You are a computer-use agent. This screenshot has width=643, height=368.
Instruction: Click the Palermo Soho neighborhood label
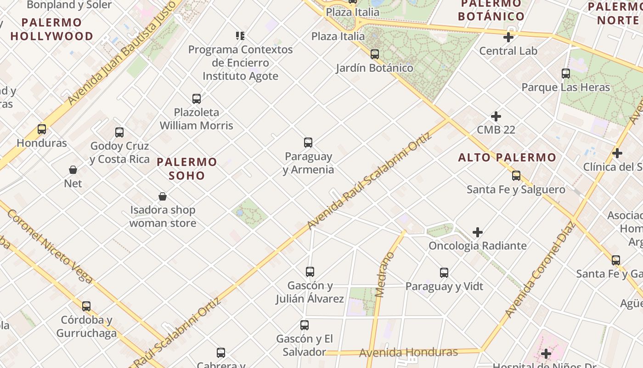(x=187, y=168)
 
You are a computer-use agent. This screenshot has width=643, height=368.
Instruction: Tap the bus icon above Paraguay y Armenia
(x=308, y=143)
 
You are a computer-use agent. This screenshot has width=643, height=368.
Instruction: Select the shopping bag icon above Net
(x=73, y=170)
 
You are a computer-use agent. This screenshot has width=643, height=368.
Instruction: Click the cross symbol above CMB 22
(x=496, y=116)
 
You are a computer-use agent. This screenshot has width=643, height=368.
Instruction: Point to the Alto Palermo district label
(x=507, y=157)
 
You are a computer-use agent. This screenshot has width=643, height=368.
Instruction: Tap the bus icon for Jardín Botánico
(x=375, y=54)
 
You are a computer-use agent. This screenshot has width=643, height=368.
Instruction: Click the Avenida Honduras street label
(x=408, y=353)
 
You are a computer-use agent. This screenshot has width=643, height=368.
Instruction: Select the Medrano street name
(x=384, y=275)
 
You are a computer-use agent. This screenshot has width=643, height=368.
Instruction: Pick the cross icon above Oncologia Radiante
(x=478, y=232)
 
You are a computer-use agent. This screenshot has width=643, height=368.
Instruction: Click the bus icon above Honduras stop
(x=42, y=129)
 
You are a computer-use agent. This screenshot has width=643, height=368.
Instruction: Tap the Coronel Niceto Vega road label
(x=50, y=247)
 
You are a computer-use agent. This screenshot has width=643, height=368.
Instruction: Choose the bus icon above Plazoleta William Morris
(x=197, y=98)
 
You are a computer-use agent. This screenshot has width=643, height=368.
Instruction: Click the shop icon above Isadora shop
(x=163, y=197)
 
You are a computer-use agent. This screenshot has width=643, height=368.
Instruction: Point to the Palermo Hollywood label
(x=52, y=29)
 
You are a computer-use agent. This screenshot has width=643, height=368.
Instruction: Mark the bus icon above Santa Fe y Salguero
(x=516, y=175)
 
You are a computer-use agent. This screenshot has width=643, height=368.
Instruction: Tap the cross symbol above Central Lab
(x=508, y=37)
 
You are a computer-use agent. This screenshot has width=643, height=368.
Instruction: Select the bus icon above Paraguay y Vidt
(x=444, y=273)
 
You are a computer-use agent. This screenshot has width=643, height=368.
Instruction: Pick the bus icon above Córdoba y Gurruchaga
(x=86, y=306)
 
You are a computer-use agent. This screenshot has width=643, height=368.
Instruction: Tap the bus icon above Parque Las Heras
(x=566, y=74)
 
